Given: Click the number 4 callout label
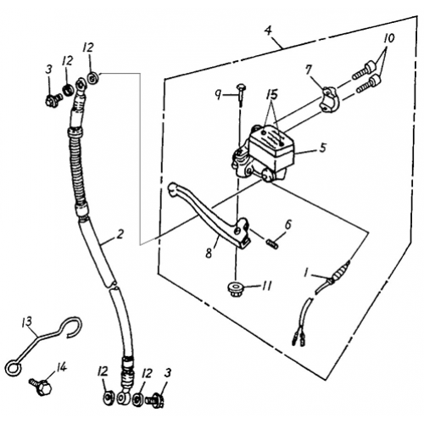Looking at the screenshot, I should tap(268, 33).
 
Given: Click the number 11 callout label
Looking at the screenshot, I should tap(266, 286).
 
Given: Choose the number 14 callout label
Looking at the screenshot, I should tap(60, 367).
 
